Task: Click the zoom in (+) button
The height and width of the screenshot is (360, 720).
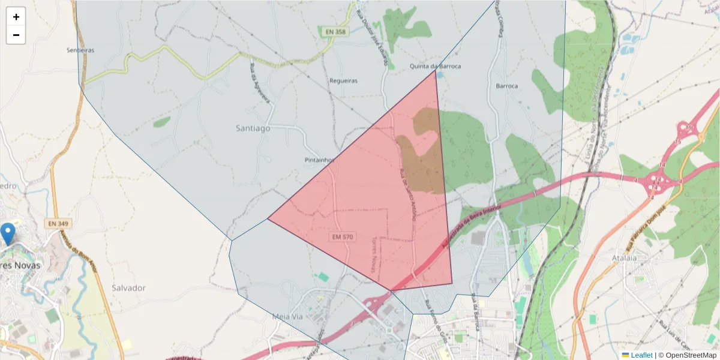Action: (x=16, y=17)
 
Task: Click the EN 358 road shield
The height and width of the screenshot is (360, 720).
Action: (x=334, y=32)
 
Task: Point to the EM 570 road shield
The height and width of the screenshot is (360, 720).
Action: (x=342, y=237)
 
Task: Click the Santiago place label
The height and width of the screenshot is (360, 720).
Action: (x=253, y=128)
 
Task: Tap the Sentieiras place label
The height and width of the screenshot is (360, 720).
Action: (x=80, y=50)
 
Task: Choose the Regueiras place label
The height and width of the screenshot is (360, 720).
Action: (x=344, y=80)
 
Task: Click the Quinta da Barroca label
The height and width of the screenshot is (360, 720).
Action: (x=435, y=66)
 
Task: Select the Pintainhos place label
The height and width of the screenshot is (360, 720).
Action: (x=319, y=160)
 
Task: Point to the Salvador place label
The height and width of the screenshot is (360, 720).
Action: (x=128, y=288)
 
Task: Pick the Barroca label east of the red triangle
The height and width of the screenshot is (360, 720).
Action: (x=506, y=86)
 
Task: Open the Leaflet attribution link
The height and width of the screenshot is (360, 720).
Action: (x=641, y=355)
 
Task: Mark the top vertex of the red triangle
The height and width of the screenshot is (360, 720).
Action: (x=435, y=71)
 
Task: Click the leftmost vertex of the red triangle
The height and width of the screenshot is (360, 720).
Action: (x=268, y=218)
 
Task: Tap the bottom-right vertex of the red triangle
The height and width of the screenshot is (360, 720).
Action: (x=452, y=284)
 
